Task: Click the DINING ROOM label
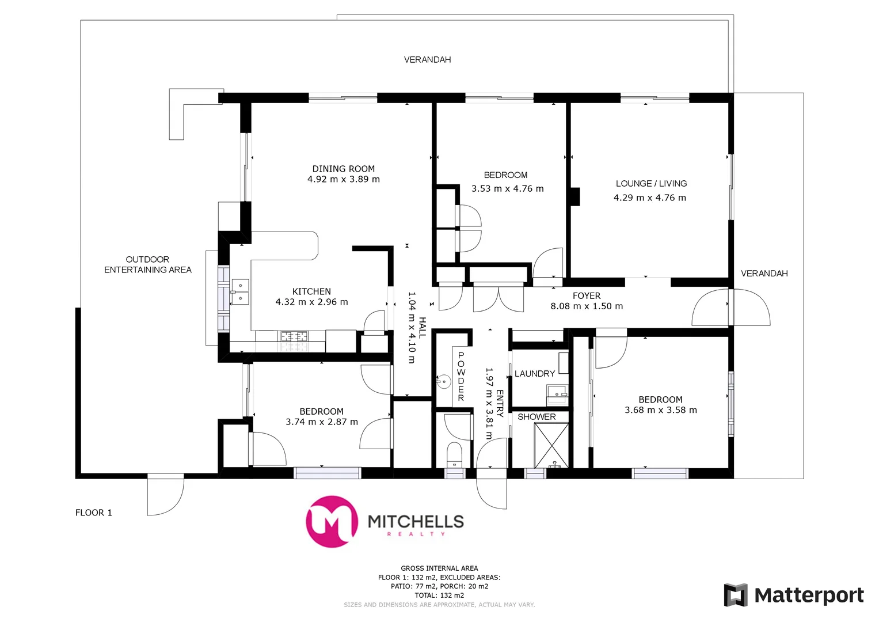pyautogui.click(x=343, y=169)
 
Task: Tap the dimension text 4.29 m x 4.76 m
pyautogui.click(x=649, y=198)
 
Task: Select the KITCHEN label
pyautogui.click(x=311, y=291)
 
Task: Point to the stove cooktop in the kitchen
pyautogui.click(x=294, y=336)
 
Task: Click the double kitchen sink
pyautogui.click(x=240, y=291)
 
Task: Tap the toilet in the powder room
pyautogui.click(x=454, y=454)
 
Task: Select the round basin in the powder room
pyautogui.click(x=443, y=382)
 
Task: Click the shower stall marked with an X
pyautogui.click(x=551, y=445)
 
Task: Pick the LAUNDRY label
pyautogui.click(x=534, y=374)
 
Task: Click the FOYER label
pyautogui.click(x=586, y=295)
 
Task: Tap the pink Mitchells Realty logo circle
pyautogui.click(x=332, y=521)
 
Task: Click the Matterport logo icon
pyautogui.click(x=735, y=595)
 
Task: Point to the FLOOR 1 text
pyautogui.click(x=93, y=513)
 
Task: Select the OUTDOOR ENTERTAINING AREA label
pyautogui.click(x=147, y=264)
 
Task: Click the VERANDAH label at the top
pyautogui.click(x=427, y=59)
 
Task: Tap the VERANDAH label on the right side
pyautogui.click(x=764, y=273)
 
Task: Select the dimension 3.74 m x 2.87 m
pyautogui.click(x=321, y=422)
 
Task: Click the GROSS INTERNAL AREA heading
pyautogui.click(x=439, y=568)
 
